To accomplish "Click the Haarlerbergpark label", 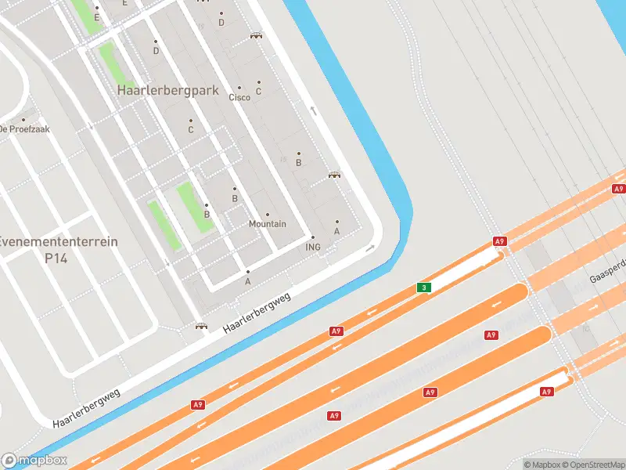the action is tap(167, 91).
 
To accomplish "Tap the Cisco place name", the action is tap(239, 97).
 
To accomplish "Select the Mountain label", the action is tap(267, 224).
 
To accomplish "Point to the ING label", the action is tap(313, 247).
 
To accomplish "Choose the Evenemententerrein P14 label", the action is tap(59, 249).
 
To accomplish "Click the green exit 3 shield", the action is tap(423, 287).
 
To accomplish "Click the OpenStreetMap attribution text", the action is tap(593, 465).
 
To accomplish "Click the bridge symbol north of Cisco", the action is tap(256, 36).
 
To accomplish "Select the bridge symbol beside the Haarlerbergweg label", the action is tap(201, 326).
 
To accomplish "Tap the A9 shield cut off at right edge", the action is tap(619, 189).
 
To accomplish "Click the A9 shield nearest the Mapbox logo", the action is tap(198, 405).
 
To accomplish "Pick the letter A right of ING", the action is tap(337, 231).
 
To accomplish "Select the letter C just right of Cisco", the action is tap(258, 92).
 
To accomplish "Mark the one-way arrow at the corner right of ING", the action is tap(370, 248).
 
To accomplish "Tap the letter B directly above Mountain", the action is tap(234, 199).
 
